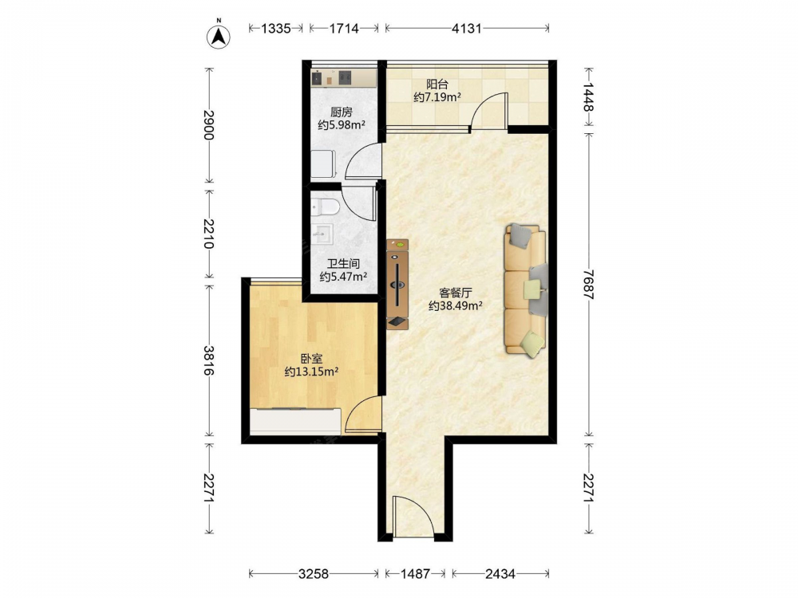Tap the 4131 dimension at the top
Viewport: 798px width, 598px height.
[467, 29]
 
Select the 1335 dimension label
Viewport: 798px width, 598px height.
[276, 29]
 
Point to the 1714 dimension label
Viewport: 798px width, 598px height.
[344, 29]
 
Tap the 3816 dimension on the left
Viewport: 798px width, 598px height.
[208, 360]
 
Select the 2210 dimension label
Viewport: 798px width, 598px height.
[208, 234]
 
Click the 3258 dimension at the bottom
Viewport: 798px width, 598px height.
[314, 574]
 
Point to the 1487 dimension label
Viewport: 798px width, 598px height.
[415, 574]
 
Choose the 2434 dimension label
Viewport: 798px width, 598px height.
[500, 574]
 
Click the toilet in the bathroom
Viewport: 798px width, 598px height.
[326, 207]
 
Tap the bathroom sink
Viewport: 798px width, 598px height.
[322, 234]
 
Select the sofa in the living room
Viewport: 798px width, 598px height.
[526, 289]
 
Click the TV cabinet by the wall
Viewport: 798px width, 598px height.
[397, 285]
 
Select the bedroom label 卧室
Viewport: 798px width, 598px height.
[311, 359]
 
